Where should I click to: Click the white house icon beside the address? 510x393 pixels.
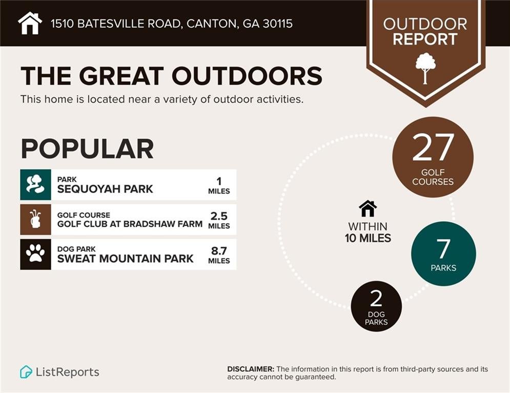30,23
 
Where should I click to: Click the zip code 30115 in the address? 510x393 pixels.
276,24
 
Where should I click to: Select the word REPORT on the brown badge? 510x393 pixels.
425,39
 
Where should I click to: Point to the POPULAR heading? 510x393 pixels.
87,148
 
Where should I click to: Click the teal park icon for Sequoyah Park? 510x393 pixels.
35,184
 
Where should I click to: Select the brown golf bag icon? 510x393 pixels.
35,219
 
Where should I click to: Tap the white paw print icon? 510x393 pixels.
35,254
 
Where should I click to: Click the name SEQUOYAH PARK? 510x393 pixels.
105,189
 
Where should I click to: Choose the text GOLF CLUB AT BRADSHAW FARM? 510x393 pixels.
130,224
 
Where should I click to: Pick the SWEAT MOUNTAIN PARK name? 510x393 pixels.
125,258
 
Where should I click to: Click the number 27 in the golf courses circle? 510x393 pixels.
433,147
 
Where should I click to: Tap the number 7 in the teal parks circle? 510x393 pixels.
443,249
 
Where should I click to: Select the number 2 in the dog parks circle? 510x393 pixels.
376,299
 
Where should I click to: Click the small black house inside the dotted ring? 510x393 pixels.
368,209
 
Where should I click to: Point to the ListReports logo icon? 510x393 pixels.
26,372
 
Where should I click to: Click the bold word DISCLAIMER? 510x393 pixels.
251,369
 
